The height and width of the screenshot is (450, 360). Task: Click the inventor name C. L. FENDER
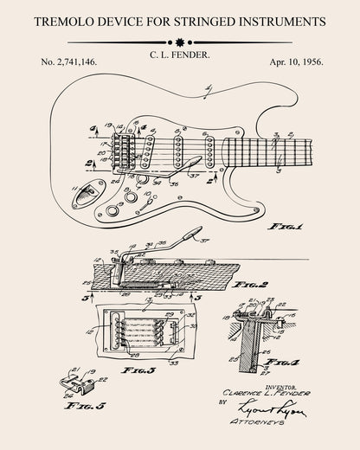click(x=179, y=55)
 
